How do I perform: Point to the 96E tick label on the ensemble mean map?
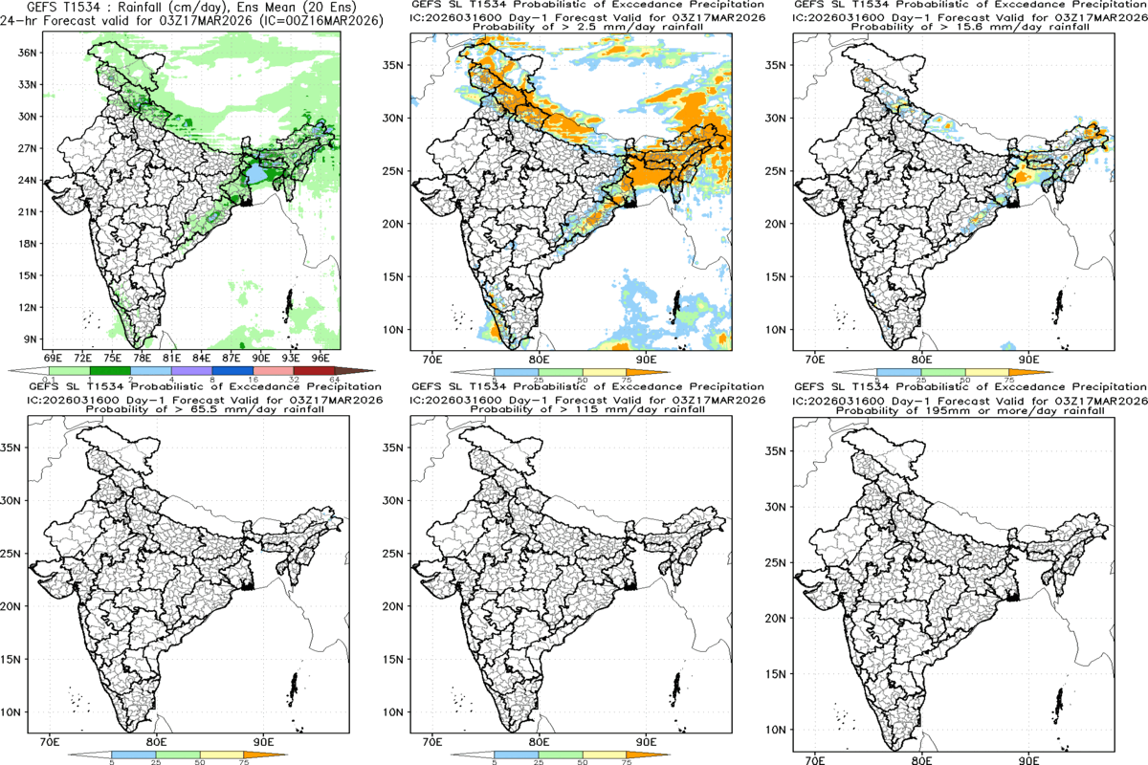(x=321, y=357)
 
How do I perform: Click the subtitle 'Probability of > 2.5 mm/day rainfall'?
(x=573, y=27)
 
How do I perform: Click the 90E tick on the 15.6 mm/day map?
(x=1029, y=359)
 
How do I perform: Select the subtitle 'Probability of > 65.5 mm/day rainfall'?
(x=192, y=409)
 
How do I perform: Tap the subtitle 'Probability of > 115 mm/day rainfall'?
(x=574, y=409)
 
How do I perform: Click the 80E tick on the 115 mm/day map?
(x=539, y=740)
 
